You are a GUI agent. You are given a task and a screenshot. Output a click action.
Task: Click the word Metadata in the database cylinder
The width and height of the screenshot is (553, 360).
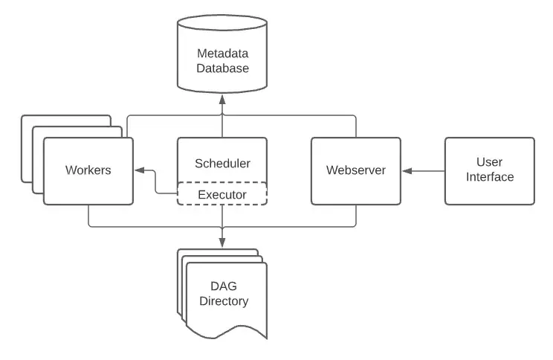[222, 54]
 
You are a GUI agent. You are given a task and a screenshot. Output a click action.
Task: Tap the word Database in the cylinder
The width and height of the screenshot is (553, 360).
[222, 68]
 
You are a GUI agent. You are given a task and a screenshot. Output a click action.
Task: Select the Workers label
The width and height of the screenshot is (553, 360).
[88, 170]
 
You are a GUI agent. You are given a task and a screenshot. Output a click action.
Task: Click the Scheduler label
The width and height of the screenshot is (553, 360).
[222, 164]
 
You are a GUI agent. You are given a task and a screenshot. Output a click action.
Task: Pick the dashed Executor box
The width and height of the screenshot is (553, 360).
[221, 194]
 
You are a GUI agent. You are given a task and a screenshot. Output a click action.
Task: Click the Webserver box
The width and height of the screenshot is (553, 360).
[355, 170]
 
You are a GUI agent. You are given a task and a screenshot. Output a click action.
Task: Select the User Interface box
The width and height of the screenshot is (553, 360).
[489, 170]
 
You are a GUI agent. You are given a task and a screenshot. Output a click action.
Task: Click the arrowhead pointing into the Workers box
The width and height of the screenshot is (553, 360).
[139, 171]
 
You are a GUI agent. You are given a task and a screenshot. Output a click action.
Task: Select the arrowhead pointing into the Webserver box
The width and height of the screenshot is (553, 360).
[406, 171]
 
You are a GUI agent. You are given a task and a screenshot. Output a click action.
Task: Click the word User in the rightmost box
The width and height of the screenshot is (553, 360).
[490, 162]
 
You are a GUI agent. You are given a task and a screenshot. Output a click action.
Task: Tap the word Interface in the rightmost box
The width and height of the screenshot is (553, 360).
[490, 177]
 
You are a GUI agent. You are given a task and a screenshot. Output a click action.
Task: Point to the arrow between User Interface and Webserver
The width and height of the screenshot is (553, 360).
[425, 171]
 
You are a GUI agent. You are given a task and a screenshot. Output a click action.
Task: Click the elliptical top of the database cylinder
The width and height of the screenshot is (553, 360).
[222, 23]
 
